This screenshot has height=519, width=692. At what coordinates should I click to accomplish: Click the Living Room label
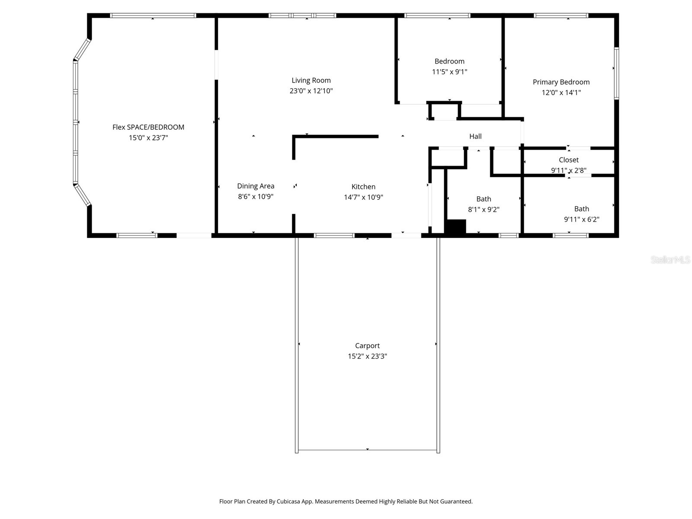[311, 80]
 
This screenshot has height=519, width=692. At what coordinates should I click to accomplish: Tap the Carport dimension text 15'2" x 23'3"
[367, 356]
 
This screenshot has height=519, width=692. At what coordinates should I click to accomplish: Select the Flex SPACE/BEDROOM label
[148, 127]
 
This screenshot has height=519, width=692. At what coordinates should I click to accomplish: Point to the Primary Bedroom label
[561, 82]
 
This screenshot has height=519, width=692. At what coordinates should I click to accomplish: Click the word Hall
[475, 136]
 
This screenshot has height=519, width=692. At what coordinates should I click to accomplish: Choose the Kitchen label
[363, 187]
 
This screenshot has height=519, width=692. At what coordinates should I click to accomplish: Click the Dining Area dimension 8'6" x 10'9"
[256, 197]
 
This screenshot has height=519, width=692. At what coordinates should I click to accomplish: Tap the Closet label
[568, 160]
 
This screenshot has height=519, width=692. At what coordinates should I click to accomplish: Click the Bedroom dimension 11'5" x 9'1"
[449, 72]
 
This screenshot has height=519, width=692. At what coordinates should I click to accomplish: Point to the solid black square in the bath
[455, 227]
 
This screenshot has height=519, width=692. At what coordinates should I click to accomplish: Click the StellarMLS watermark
[670, 260]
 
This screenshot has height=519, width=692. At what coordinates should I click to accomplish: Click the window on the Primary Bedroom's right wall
[616, 74]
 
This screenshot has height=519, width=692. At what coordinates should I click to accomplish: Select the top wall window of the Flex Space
[153, 16]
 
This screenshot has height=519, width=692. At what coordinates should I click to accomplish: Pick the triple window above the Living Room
[302, 16]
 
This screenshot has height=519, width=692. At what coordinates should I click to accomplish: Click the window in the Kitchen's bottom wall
[334, 236]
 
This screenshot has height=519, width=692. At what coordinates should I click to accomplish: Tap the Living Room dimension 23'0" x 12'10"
[311, 91]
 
